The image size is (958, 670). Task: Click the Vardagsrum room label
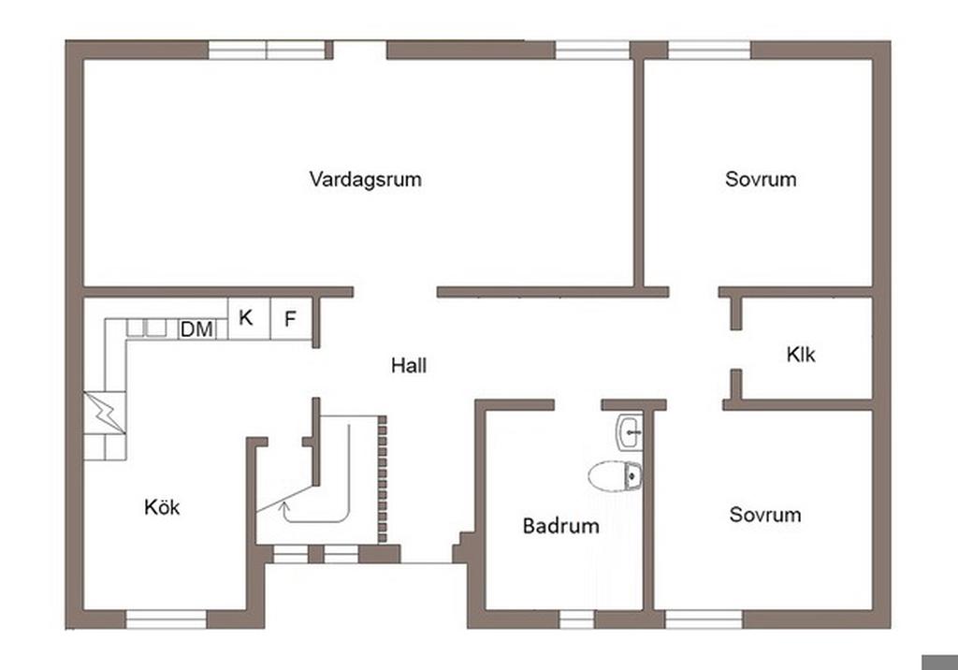point(366,179)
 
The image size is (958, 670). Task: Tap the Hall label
point(409,366)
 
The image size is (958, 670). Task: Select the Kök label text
point(162,507)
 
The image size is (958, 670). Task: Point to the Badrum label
point(561,526)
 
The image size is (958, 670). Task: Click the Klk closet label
point(801,354)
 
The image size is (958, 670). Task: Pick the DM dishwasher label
point(196,329)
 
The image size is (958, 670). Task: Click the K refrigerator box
point(249,318)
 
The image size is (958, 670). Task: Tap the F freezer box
point(291,318)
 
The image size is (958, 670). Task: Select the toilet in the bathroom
point(616,476)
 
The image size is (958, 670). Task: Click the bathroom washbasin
point(630,432)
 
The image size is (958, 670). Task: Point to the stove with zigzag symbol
point(105,413)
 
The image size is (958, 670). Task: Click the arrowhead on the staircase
point(283,506)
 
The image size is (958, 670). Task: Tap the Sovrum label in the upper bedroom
point(761,179)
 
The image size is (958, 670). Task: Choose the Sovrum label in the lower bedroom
point(765,514)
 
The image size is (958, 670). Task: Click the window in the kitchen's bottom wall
point(167,619)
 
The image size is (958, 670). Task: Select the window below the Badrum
point(576,619)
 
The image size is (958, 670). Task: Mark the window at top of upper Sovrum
point(709,51)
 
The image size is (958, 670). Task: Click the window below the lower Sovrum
point(704,619)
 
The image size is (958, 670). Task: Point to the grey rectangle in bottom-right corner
point(939,663)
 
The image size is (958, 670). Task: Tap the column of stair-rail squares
point(383,479)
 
